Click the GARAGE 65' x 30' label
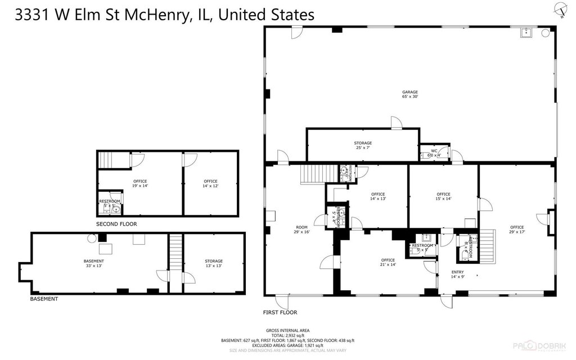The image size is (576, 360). tap(409, 94)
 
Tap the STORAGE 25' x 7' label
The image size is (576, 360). tap(363, 145)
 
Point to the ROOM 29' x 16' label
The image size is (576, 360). tap(301, 231)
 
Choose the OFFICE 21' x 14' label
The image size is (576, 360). tap(388, 262)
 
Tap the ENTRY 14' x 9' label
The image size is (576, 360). tap(457, 274)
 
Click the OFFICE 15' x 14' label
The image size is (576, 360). tap(443, 196)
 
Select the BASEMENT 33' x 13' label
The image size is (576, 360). tap(94, 263)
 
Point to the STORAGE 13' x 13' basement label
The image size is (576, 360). tap(213, 263)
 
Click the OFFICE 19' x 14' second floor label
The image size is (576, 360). tap(140, 183)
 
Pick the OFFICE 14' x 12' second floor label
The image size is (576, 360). tap(210, 183)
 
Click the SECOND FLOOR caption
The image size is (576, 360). tap(116, 224)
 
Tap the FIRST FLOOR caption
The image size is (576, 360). tap(280, 312)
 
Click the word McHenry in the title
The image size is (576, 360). tap(155, 15)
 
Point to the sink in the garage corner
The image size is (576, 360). tap(527, 33)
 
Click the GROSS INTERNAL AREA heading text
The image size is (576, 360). tap(287, 331)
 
